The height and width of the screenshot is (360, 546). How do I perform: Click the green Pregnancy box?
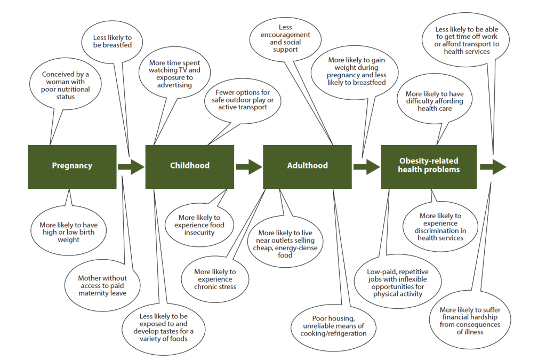72,166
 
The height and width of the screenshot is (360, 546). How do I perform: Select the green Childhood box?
190,166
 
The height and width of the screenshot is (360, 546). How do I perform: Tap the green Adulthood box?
307,166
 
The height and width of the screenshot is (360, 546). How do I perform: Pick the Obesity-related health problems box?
429,166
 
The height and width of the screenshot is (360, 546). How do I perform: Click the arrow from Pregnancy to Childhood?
131,166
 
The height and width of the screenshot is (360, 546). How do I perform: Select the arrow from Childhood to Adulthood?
248,166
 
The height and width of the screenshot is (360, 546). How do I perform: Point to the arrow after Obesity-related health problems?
493,166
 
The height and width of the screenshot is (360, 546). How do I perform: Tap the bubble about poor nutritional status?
65,85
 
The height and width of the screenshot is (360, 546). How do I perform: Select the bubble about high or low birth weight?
68,232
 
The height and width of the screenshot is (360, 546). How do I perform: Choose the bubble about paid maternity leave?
102,285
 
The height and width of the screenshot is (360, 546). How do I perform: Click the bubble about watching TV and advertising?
175,74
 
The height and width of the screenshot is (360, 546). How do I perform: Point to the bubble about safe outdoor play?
243,100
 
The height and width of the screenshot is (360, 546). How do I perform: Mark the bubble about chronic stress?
215,279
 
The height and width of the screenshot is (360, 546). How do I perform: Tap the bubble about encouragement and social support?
285,38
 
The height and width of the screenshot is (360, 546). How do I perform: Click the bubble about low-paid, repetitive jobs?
397,283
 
